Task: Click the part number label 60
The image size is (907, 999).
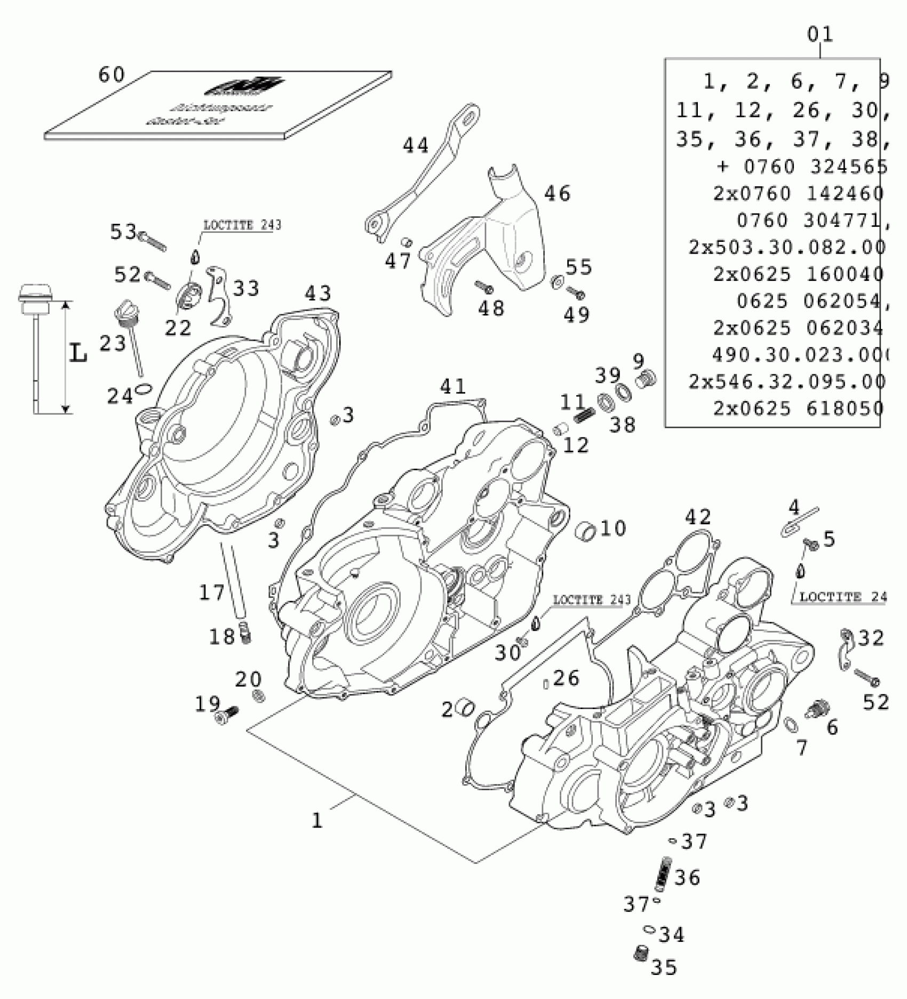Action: [111, 75]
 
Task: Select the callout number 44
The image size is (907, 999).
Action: [416, 145]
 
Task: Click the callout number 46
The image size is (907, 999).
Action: [557, 193]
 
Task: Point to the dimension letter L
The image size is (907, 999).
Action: [78, 353]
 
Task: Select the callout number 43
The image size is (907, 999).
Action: [318, 293]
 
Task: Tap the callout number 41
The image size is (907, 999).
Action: [453, 386]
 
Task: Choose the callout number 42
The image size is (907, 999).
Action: [698, 517]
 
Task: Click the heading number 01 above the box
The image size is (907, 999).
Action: [820, 35]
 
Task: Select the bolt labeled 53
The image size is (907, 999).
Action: [153, 240]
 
